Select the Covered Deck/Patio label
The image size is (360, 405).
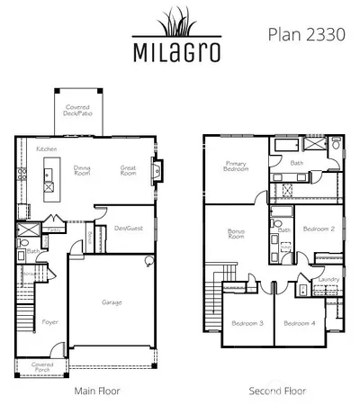tap(77, 112)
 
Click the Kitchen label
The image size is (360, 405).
tap(47, 148)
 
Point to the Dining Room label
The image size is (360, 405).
tap(84, 171)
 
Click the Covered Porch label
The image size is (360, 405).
tap(42, 367)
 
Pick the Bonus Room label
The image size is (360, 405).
tap(236, 236)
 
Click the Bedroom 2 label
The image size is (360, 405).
tap(318, 229)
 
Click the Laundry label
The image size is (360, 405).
tap(327, 280)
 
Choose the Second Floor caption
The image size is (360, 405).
tap(277, 391)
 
